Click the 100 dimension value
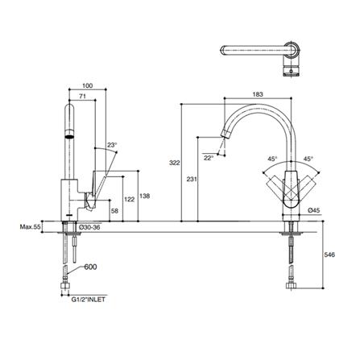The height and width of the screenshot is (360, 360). point(87,84)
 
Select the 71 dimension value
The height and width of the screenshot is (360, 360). point(82,96)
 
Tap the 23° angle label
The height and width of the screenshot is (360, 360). point(111,145)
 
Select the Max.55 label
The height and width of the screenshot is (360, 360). point(31,228)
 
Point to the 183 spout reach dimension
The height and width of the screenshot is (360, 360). point(258,95)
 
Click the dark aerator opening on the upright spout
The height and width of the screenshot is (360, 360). point(70,135)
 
